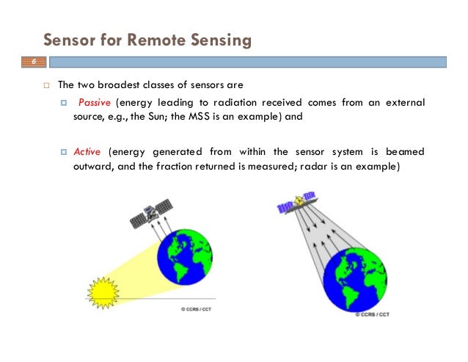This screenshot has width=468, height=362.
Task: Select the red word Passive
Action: tap(93, 102)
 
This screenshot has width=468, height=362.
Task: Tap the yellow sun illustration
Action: tap(102, 291)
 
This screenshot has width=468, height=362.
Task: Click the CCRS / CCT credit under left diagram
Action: tap(199, 309)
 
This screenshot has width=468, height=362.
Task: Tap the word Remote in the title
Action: tap(157, 39)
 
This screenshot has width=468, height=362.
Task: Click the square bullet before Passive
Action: tap(64, 102)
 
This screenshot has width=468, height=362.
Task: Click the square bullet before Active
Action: tap(64, 152)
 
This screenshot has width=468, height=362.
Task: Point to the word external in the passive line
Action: tap(406, 102)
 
